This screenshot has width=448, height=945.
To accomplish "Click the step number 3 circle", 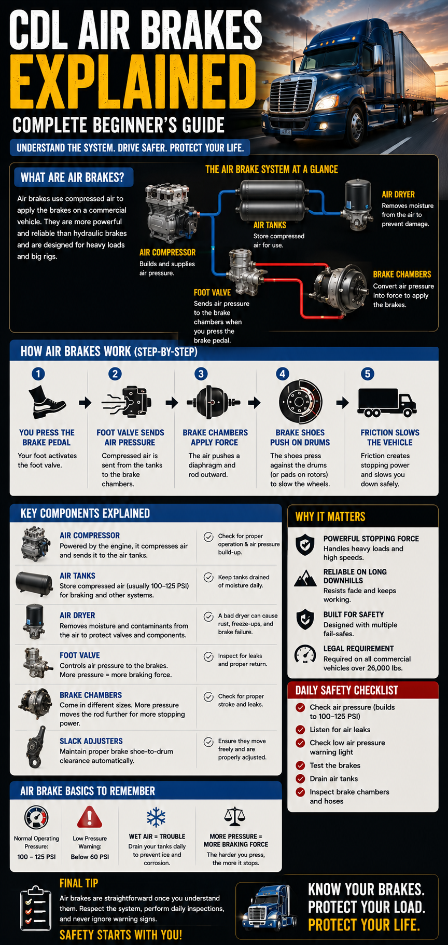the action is coord(201,374).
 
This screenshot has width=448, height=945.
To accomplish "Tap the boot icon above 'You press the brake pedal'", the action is coord(46,402).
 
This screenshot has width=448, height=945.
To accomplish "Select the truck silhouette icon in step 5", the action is coord(387,403).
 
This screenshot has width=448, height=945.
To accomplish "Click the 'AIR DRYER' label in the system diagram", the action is coord(398,195).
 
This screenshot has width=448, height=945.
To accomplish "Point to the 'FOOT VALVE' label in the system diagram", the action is coord(212,293).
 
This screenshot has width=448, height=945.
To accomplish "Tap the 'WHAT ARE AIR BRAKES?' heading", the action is coord(72,178).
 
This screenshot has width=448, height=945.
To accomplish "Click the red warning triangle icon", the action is coord(90,817).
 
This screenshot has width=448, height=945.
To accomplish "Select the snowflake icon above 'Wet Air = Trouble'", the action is coord(156,817).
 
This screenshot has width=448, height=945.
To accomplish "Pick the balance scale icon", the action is coord(235,817).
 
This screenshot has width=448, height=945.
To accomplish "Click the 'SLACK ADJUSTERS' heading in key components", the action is coord(91,741).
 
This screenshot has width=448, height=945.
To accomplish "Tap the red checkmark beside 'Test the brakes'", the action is coord(300,765).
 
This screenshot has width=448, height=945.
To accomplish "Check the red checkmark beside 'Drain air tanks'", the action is coord(300,778).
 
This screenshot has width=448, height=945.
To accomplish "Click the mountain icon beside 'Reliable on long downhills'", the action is coord(305,578).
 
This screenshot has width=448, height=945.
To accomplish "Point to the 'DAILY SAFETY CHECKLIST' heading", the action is coord(346,691).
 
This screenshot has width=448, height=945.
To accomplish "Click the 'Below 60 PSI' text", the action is coord(90,857).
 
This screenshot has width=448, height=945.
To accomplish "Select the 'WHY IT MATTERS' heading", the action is coord(330,517).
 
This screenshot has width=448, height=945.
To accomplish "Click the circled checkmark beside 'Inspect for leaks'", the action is coord(208,656).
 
